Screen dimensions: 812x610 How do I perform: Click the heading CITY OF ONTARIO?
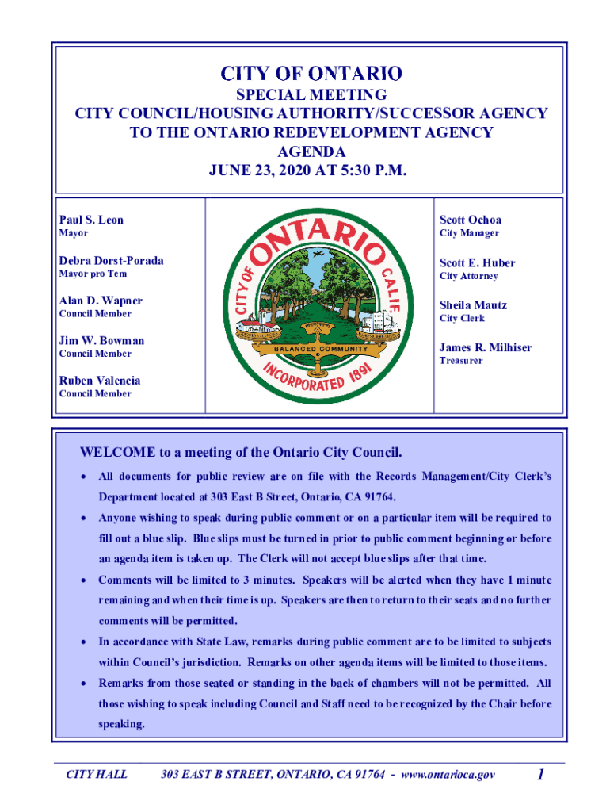point(311,75)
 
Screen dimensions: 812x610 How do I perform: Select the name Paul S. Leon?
point(91,220)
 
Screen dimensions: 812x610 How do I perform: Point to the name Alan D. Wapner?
point(101,301)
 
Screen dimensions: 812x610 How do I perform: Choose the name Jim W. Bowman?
point(101,340)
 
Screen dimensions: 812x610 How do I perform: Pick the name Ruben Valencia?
point(99,380)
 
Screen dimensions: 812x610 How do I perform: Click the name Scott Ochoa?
point(471,220)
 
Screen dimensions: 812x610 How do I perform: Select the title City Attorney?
point(469,276)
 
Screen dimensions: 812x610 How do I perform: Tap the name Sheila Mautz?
point(473,304)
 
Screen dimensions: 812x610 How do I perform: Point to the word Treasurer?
point(461,361)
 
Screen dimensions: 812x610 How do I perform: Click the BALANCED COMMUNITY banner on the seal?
point(322,349)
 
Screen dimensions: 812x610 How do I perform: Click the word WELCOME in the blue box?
point(117,453)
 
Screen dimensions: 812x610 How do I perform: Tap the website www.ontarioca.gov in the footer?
point(448,774)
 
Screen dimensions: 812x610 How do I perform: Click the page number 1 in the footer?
point(539,774)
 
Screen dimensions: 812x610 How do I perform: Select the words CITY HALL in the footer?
point(96,774)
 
